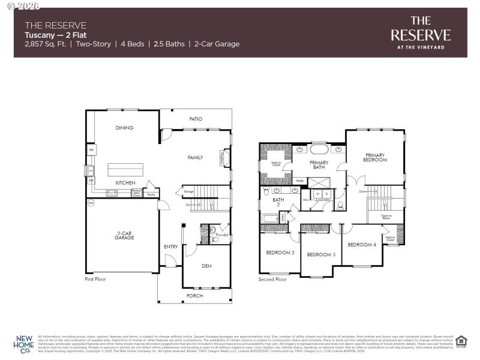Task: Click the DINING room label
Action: [124, 128]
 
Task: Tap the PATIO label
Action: [196, 119]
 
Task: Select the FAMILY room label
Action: [195, 157]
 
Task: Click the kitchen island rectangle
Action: [125, 169]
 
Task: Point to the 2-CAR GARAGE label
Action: [124, 235]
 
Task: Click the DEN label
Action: [206, 266]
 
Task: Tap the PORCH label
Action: [195, 296]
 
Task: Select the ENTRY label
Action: [170, 247]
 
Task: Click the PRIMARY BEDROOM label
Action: [375, 158]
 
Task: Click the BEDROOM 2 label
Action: [280, 253]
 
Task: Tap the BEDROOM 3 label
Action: [321, 255]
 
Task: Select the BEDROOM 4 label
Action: [362, 244]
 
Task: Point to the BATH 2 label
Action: [278, 202]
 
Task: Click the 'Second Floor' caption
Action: [273, 279]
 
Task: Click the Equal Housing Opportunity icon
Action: [461, 341]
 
